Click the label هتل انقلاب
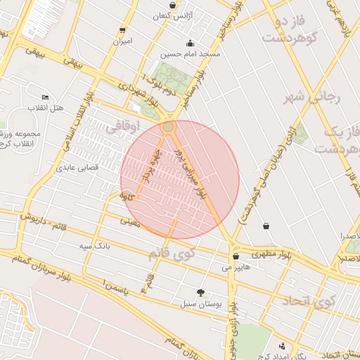point(45,108)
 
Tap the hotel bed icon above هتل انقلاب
point(46,97)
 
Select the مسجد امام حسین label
point(190,53)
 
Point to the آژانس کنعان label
point(172,15)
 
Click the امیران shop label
point(123,41)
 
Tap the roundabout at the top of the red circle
point(168,127)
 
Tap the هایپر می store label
point(236,267)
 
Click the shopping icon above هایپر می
point(236,257)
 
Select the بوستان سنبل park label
point(200,304)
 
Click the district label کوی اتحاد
point(308,302)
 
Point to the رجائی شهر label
point(311,96)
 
